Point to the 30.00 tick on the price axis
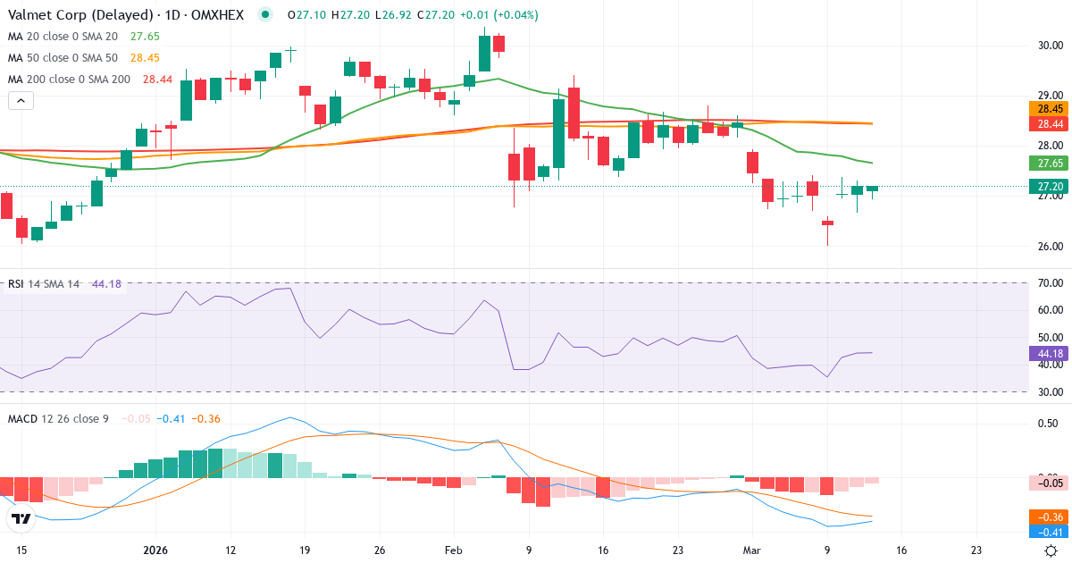pyautogui.click(x=1049, y=45)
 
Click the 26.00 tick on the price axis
pyautogui.click(x=1049, y=247)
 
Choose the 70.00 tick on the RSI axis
pyautogui.click(x=1049, y=283)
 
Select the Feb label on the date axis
pyautogui.click(x=454, y=550)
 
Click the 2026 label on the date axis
pyautogui.click(x=155, y=550)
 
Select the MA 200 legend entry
pyautogui.click(x=69, y=79)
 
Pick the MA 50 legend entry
pyautogui.click(x=62, y=57)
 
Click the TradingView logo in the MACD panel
pyautogui.click(x=21, y=518)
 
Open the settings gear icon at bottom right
pyautogui.click(x=1051, y=550)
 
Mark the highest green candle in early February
pyautogui.click(x=484, y=53)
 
